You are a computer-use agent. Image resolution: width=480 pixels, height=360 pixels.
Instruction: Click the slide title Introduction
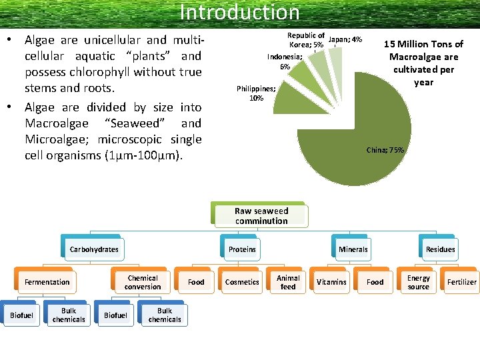tap(239, 12)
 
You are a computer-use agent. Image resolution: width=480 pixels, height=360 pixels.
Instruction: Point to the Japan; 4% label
tap(345, 40)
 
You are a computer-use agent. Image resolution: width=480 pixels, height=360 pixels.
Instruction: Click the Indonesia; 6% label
tap(285, 62)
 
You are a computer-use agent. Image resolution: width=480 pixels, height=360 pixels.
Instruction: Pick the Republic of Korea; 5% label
tap(305, 40)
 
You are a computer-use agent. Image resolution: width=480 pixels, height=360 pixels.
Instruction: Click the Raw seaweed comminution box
tap(261, 216)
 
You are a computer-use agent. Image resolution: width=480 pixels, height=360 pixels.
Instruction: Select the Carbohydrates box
tap(93, 249)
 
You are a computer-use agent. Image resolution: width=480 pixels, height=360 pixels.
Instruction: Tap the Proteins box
tap(242, 249)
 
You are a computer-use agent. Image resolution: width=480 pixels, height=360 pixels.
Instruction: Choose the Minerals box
tap(353, 249)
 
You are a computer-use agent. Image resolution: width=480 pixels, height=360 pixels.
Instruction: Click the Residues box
tap(440, 249)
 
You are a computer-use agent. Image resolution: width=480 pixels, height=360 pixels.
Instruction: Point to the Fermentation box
tap(47, 282)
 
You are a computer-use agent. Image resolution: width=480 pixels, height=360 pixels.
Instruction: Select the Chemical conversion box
tap(143, 282)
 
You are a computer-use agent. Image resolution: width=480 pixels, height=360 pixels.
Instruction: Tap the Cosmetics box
tap(242, 282)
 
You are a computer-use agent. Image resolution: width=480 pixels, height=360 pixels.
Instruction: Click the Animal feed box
tap(288, 282)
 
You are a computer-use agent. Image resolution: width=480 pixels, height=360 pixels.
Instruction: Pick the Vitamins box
tap(331, 282)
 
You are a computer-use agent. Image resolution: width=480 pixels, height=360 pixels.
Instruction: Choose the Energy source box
tap(419, 282)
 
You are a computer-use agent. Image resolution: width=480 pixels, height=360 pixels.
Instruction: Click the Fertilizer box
tap(461, 282)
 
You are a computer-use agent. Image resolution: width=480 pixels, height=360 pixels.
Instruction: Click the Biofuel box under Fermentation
tap(21, 315)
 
